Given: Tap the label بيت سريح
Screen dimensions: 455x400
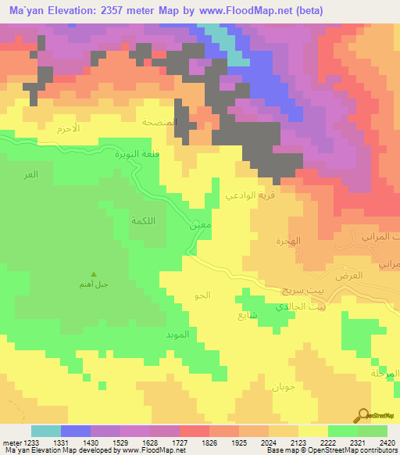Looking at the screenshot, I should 295,290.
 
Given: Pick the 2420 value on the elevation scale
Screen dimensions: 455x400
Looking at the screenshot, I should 385,443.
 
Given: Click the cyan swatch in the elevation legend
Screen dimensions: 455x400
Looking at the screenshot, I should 46,431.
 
